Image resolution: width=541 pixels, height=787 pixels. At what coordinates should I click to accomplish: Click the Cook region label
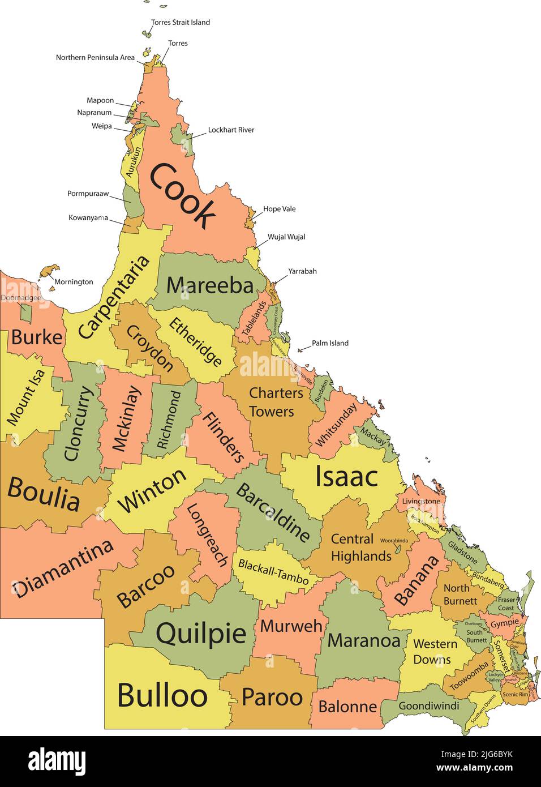[x=183, y=194]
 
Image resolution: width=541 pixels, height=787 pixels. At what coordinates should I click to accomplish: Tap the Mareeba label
[x=210, y=285]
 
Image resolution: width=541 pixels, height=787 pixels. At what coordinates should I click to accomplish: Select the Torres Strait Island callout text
[x=181, y=23]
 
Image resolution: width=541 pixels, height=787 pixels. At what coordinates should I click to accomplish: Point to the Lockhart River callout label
[x=231, y=130]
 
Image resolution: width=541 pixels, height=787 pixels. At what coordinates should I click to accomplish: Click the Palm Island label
[x=330, y=343]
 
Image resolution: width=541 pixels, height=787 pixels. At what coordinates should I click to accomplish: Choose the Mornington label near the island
[x=74, y=282]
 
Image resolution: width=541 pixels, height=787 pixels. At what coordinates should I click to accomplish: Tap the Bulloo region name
[x=162, y=695]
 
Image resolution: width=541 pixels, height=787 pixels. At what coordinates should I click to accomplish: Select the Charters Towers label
[x=276, y=402]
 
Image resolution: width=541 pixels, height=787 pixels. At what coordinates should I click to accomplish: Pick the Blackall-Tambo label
[x=273, y=572]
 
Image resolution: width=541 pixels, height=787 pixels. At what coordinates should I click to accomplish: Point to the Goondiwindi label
[x=429, y=706]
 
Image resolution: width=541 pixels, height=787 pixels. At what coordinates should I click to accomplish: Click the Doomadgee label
[x=20, y=298]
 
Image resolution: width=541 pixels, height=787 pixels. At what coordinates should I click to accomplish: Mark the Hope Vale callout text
[x=280, y=209]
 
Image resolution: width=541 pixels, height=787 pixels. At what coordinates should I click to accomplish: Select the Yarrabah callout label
[x=302, y=272]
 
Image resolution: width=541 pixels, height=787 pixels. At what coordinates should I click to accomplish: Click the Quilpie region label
[x=201, y=634]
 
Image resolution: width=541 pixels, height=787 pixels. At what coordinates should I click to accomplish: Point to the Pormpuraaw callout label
[x=88, y=194]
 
